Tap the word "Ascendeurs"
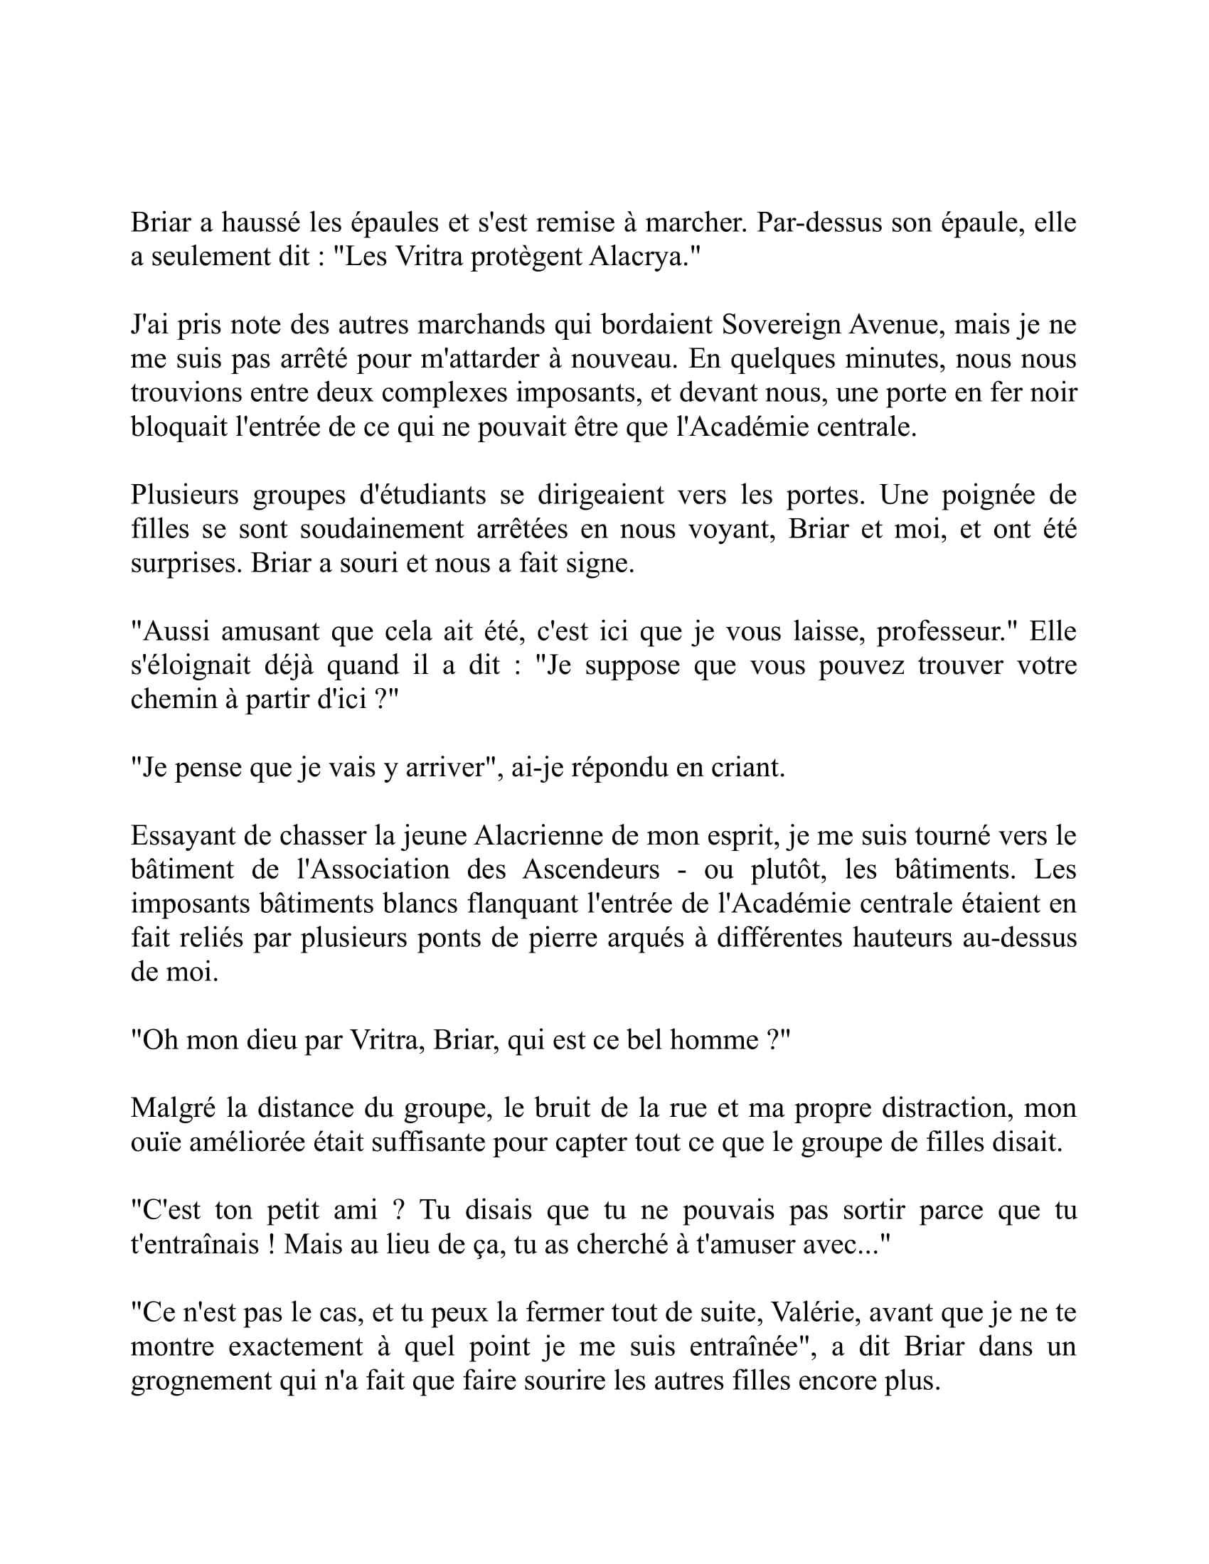coord(591,869)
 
